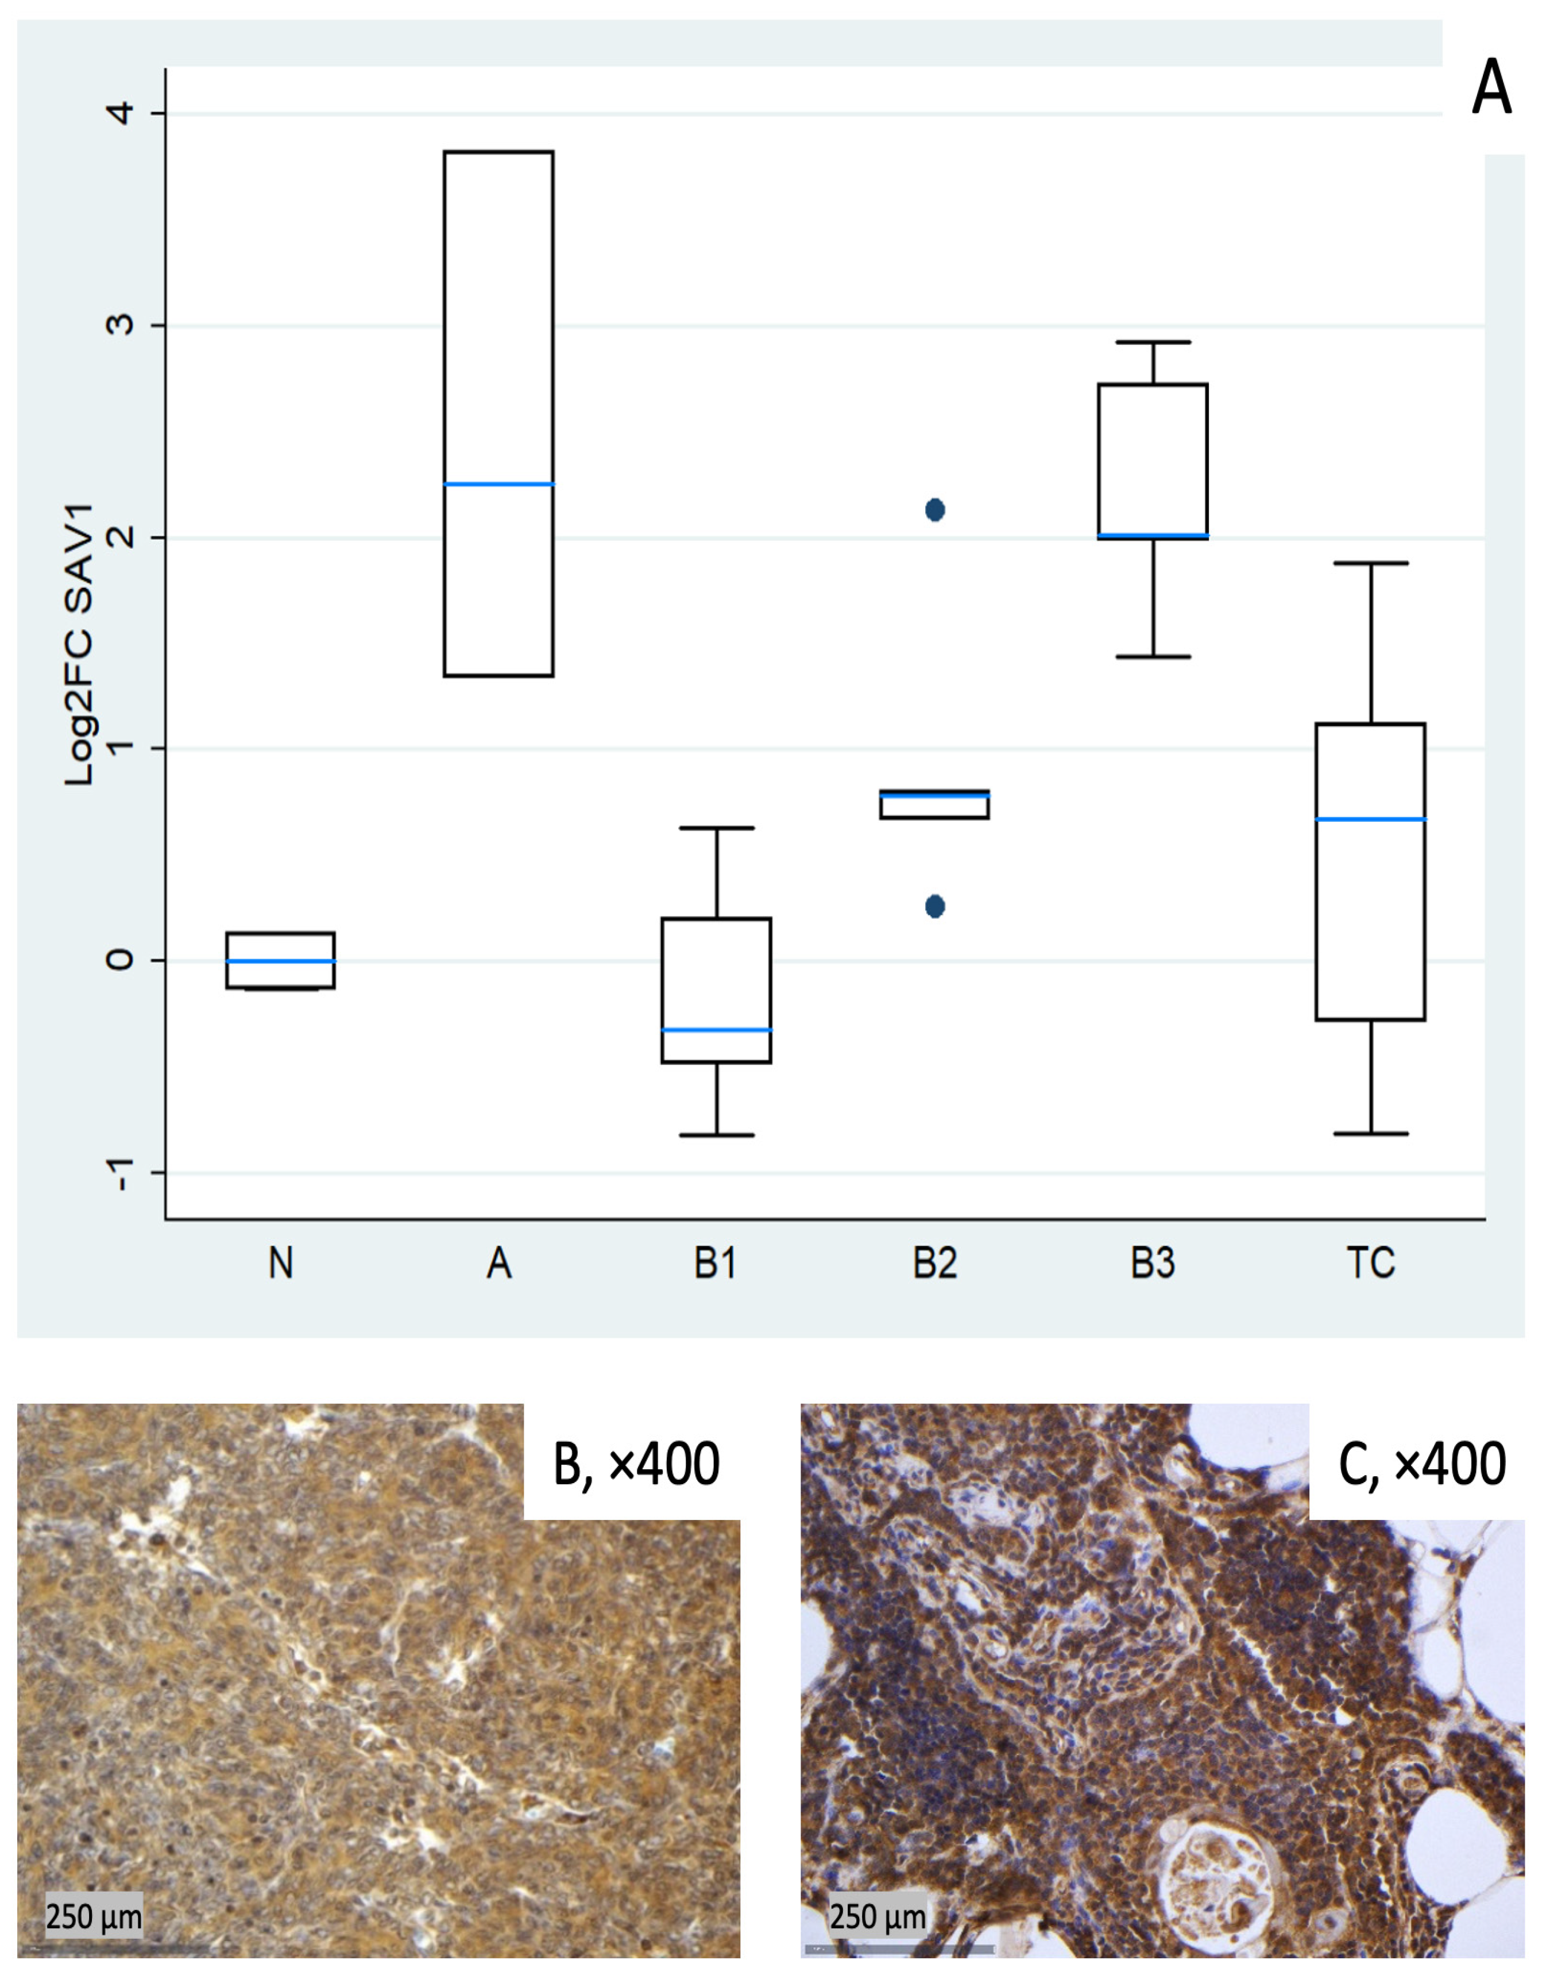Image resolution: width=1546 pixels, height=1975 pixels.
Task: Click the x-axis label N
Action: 281,1262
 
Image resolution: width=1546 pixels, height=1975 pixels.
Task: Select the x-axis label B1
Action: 715,1262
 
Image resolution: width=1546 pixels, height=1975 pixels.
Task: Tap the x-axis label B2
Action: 934,1262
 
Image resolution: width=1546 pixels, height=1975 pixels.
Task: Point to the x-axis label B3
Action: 1152,1262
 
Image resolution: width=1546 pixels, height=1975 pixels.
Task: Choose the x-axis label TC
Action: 1370,1262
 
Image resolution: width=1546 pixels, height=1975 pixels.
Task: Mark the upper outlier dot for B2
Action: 935,510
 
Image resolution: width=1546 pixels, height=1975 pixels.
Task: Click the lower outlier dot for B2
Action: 935,906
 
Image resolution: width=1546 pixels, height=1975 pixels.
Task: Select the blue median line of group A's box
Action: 498,484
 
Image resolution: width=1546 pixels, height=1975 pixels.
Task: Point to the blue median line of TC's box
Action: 1370,819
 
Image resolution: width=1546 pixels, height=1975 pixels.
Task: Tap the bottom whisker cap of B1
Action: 717,1135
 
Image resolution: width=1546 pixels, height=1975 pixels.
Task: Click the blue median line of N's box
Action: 281,961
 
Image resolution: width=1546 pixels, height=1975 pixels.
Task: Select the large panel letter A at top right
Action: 1491,88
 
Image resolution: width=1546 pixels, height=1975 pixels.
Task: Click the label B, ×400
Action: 636,1464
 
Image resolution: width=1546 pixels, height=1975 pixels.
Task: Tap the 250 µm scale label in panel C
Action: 878,1917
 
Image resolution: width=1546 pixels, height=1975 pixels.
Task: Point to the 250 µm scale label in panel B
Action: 94,1917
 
